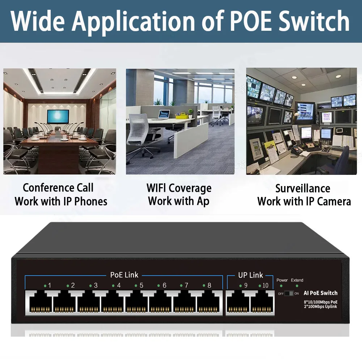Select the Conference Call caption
(58, 188)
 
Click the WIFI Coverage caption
(179, 188)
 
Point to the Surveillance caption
(303, 189)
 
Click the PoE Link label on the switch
(124, 275)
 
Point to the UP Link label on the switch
(251, 275)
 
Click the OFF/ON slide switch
(289, 293)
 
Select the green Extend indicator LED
(297, 286)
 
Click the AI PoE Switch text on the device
(320, 293)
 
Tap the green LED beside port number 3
(90, 286)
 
